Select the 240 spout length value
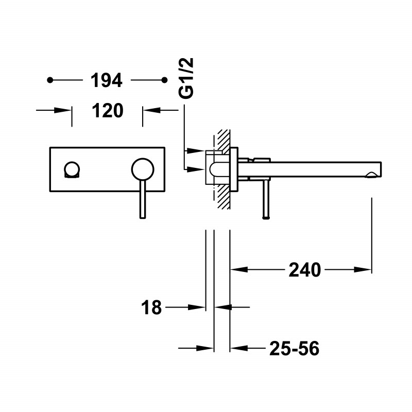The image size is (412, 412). [x=305, y=269]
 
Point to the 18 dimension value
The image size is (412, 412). [x=151, y=308]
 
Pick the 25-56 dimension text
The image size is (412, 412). [x=294, y=349]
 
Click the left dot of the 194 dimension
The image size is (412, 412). [x=50, y=80]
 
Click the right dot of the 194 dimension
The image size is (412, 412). [x=164, y=80]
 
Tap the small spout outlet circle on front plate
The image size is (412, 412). [x=72, y=169]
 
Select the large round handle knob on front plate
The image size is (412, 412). [x=143, y=169]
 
